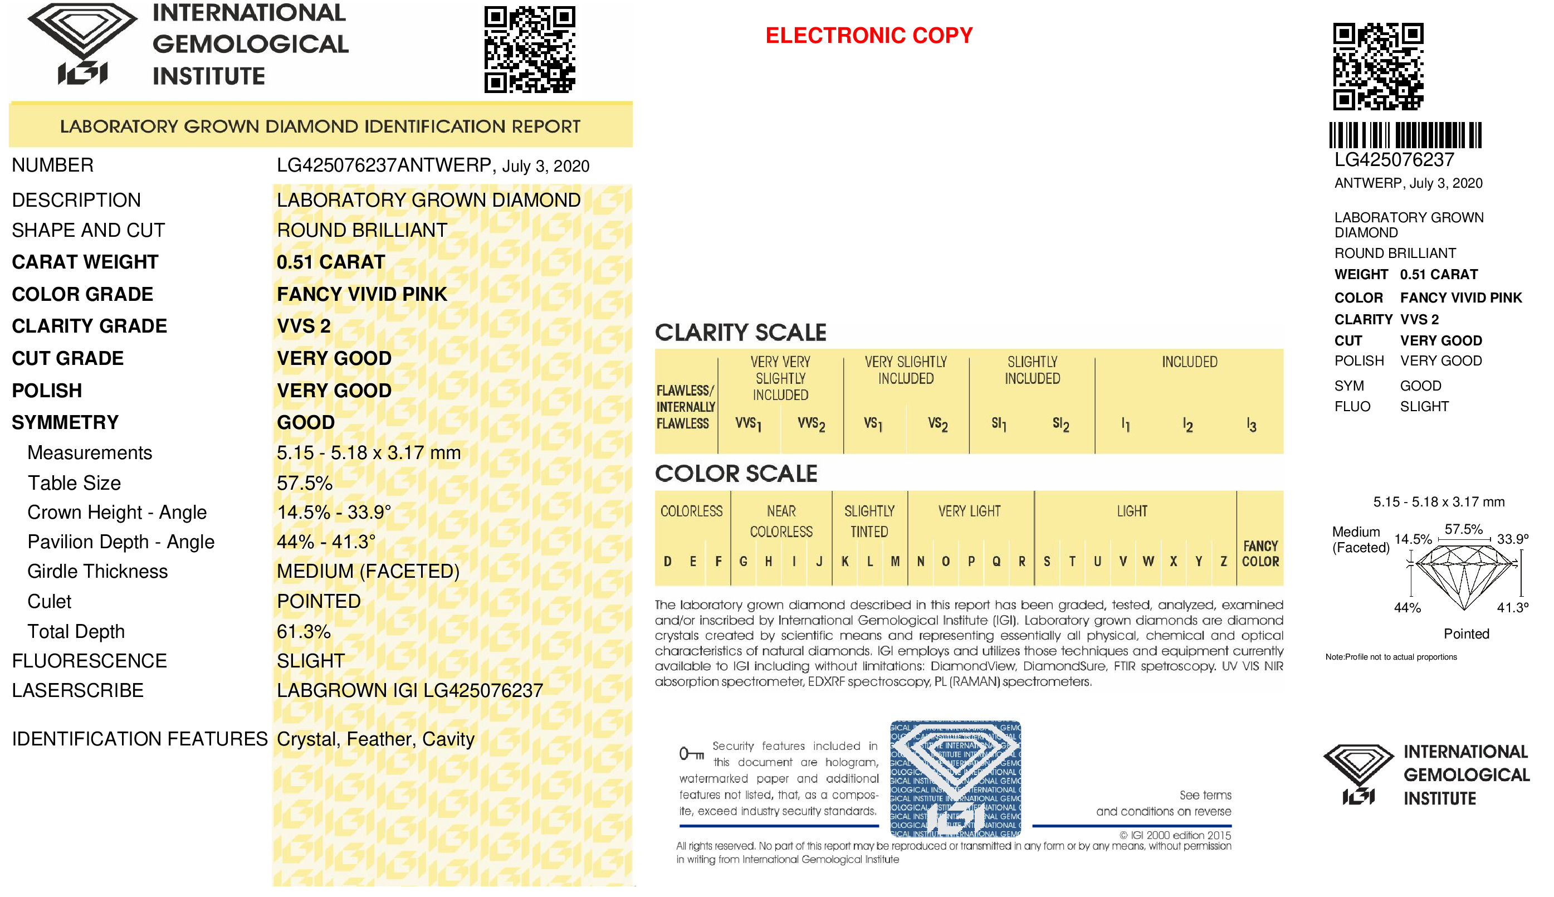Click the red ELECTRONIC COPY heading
pyautogui.click(x=868, y=35)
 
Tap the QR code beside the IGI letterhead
pyautogui.click(x=529, y=49)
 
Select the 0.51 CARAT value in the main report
pyautogui.click(x=331, y=262)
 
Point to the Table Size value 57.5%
pyautogui.click(x=304, y=483)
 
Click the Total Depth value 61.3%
pyautogui.click(x=303, y=631)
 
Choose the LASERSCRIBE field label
pyautogui.click(x=77, y=691)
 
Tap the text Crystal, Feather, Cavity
pyautogui.click(x=375, y=739)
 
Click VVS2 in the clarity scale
pyautogui.click(x=810, y=424)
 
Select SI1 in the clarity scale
pyautogui.click(x=999, y=424)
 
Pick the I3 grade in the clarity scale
pyautogui.click(x=1250, y=425)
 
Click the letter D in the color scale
pyautogui.click(x=667, y=561)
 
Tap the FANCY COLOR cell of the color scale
pyautogui.click(x=1259, y=553)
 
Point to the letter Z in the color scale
pyautogui.click(x=1223, y=561)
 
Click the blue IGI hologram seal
pyautogui.click(x=955, y=779)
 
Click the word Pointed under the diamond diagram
pyautogui.click(x=1466, y=634)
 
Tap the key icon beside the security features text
pyautogui.click(x=691, y=753)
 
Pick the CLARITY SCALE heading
pyautogui.click(x=740, y=333)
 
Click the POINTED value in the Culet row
pyautogui.click(x=319, y=601)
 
